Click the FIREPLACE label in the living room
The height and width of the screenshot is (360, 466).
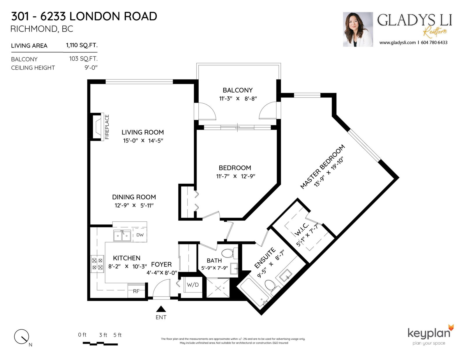[x=107, y=127]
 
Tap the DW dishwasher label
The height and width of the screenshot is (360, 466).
[x=140, y=235]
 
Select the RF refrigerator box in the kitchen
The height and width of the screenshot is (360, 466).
[x=136, y=291]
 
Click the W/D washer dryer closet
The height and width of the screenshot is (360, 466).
[x=193, y=285]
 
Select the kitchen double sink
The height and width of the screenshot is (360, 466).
[x=122, y=236]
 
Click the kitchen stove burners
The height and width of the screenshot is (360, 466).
[x=97, y=264]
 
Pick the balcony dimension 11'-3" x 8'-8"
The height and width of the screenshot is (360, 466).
[x=238, y=99]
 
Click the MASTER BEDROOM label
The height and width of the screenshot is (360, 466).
[x=322, y=167]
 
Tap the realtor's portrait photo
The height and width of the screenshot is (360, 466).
[x=358, y=29]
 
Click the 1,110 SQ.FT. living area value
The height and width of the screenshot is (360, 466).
[x=82, y=45]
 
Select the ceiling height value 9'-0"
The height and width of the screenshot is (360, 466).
[x=91, y=68]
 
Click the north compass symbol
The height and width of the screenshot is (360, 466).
[x=22, y=337]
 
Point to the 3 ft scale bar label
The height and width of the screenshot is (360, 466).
[x=103, y=335]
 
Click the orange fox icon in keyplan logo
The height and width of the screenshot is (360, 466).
[x=451, y=328]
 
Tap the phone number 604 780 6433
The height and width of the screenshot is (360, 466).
[x=434, y=42]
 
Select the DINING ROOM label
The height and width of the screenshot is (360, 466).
[x=134, y=197]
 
